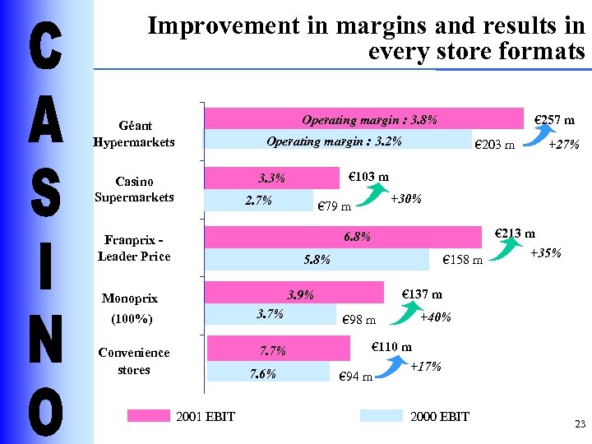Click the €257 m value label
click(x=554, y=120)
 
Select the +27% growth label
click(x=563, y=145)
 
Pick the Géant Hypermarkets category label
click(x=134, y=134)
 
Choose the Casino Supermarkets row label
click(x=134, y=189)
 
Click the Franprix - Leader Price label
click(x=134, y=248)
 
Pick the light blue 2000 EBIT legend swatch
click(x=382, y=416)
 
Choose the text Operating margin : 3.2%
click(x=335, y=141)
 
